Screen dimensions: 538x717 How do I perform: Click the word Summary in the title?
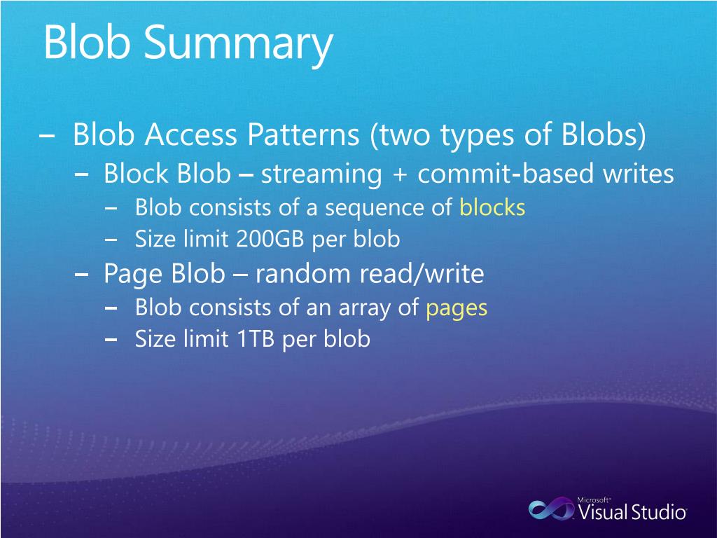click(x=239, y=43)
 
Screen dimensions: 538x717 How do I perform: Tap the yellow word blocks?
click(x=492, y=207)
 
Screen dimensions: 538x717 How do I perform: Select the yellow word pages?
click(x=457, y=308)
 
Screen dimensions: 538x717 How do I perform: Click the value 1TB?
click(x=256, y=339)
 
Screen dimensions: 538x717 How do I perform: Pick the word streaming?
click(x=321, y=174)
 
